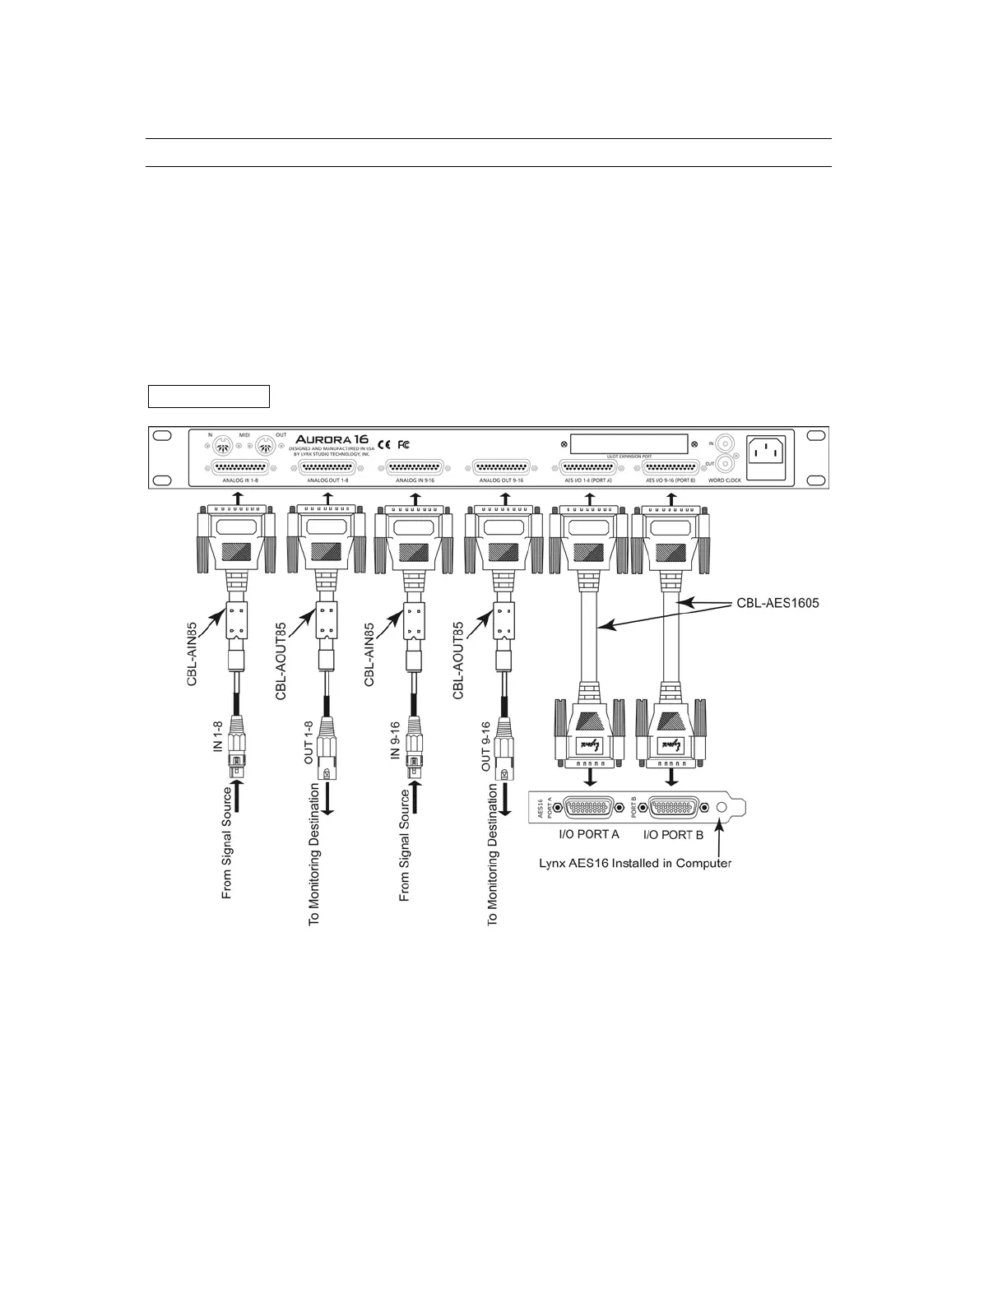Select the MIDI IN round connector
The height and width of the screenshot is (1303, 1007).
tap(220, 447)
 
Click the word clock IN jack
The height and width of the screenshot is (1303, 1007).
tap(725, 443)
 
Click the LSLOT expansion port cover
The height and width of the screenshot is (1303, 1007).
tap(629, 444)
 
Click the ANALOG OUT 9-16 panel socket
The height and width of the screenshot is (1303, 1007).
tap(501, 468)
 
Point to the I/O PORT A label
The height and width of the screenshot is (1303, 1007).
tap(583, 834)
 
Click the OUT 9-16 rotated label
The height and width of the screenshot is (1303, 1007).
tap(485, 746)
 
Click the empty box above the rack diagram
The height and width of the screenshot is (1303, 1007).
tap(209, 396)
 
